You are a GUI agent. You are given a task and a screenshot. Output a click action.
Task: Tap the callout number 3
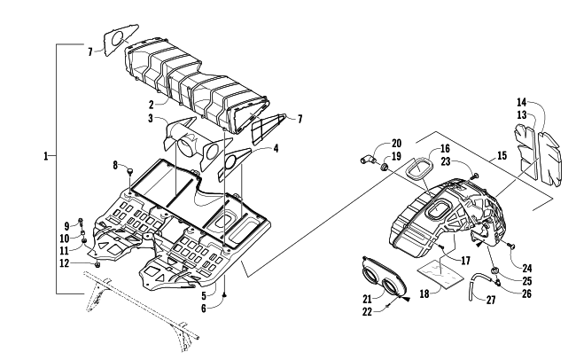point(152,119)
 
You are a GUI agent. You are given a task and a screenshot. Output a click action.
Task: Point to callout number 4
point(276,149)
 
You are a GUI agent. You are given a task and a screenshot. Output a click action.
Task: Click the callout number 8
point(114,165)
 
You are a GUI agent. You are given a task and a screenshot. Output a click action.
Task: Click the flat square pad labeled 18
point(443,270)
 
